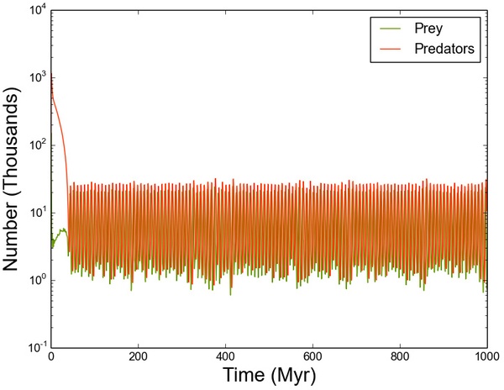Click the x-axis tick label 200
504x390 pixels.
click(139, 356)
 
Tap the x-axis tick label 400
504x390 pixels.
click(225, 356)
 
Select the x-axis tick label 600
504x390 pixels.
click(312, 356)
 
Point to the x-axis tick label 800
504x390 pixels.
click(400, 356)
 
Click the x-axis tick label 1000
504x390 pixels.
click(487, 356)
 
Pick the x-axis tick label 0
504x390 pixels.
click(51, 356)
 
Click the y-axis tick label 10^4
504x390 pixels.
click(37, 11)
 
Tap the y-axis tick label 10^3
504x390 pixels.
click(37, 78)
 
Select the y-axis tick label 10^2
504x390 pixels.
click(37, 145)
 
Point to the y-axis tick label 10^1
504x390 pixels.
click(37, 213)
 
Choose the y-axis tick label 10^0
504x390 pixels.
click(37, 281)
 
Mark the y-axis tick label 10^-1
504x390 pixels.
click(37, 348)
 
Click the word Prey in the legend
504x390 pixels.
click(428, 29)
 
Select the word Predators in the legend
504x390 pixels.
click(444, 49)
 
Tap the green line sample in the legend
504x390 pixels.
click(391, 29)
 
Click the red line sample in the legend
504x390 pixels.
click(391, 49)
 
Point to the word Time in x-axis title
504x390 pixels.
click(244, 375)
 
